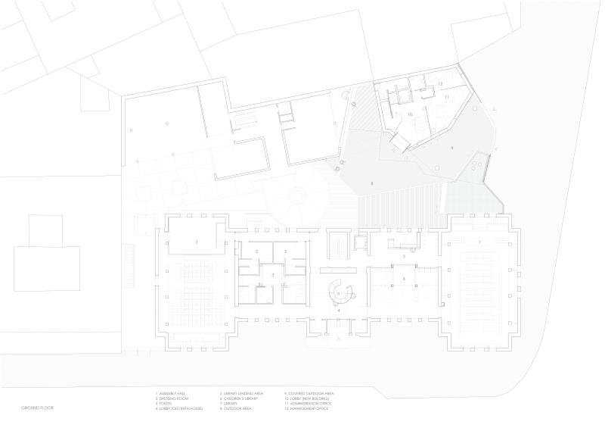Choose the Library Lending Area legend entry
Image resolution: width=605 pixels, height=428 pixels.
(242, 394)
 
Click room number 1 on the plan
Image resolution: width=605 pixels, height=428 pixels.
(197, 242)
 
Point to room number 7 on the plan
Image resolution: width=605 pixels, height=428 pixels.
(479, 242)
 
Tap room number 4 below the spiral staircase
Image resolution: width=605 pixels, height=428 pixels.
(340, 311)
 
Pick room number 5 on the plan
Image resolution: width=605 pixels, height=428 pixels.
(404, 258)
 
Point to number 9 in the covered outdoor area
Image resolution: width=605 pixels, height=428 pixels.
(452, 148)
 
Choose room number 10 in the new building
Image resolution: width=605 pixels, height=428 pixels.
(410, 115)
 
